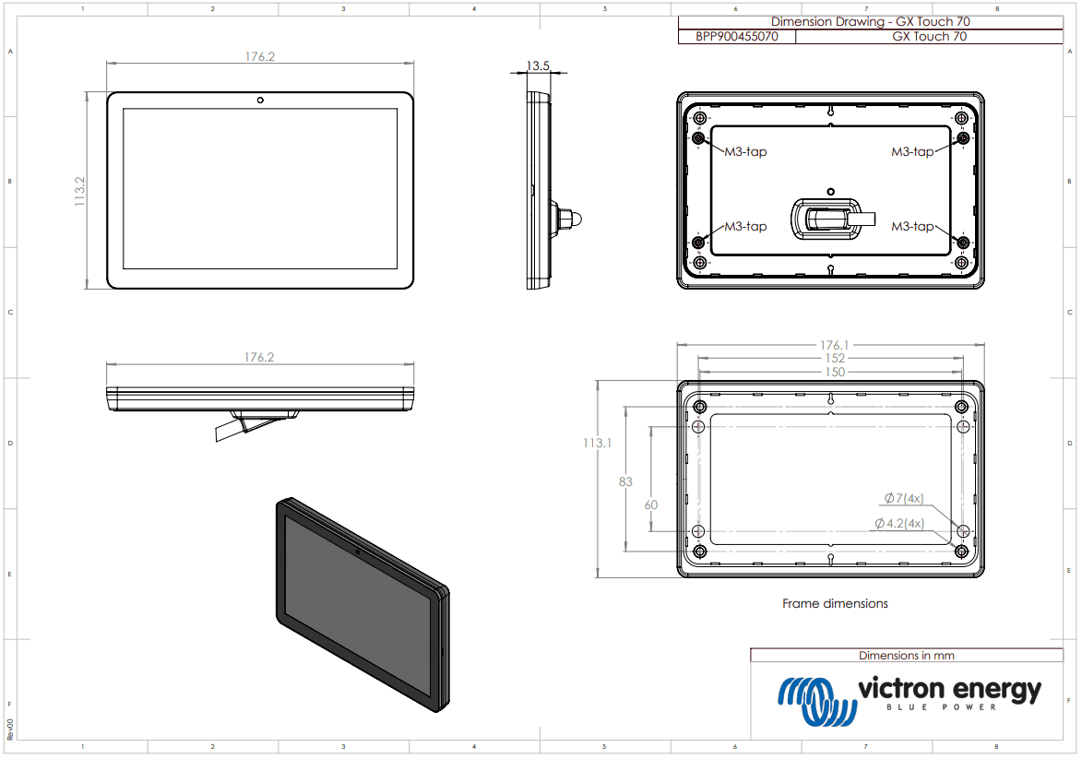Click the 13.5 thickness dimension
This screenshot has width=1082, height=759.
538,65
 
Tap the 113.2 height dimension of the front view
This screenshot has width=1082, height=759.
80,191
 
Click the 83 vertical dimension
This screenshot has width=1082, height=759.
625,481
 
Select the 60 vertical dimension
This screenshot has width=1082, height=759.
651,504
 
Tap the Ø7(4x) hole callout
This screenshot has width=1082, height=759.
903,498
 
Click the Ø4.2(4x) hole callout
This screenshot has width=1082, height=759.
899,523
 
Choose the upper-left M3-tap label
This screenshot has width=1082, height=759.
745,151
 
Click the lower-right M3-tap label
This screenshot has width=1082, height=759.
912,226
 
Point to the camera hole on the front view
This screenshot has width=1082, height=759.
260,100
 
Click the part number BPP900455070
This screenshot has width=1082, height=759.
736,37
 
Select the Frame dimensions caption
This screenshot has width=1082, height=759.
835,603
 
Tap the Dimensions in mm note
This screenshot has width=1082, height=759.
906,656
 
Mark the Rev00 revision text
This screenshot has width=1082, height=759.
10,729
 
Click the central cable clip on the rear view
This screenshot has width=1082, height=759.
827,219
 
